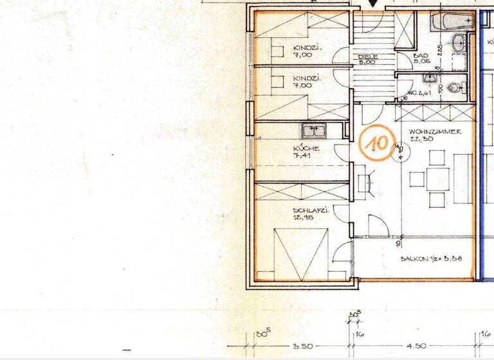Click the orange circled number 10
(x=375, y=143)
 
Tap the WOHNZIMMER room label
(x=434, y=131)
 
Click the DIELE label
(x=368, y=57)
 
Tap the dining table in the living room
(x=438, y=178)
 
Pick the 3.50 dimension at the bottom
(x=302, y=346)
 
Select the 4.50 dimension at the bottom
(x=418, y=346)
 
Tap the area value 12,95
(x=303, y=218)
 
